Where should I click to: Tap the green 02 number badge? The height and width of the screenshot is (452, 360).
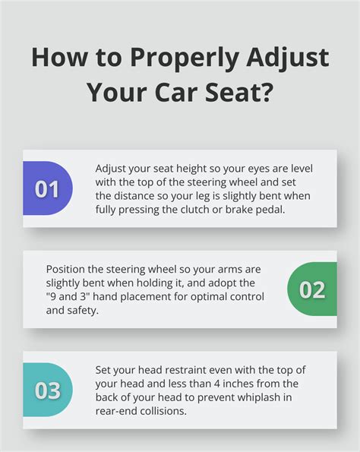click(312, 289)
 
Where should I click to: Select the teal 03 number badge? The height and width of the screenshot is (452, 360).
click(47, 390)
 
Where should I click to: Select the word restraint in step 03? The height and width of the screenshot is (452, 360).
click(191, 370)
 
